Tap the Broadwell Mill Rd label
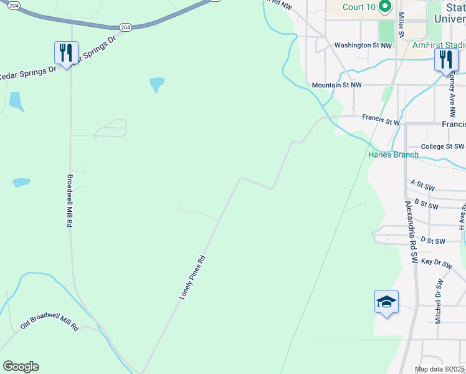[69, 200]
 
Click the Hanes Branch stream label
[393, 155]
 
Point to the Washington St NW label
[363, 46]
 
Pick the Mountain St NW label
[336, 85]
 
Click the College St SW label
[442, 146]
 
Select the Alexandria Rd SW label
[410, 232]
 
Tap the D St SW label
[433, 241]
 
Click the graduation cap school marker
[386, 302]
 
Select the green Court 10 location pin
[385, 7]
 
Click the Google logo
[21, 367]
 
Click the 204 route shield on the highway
[125, 27]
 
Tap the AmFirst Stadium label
[439, 46]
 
